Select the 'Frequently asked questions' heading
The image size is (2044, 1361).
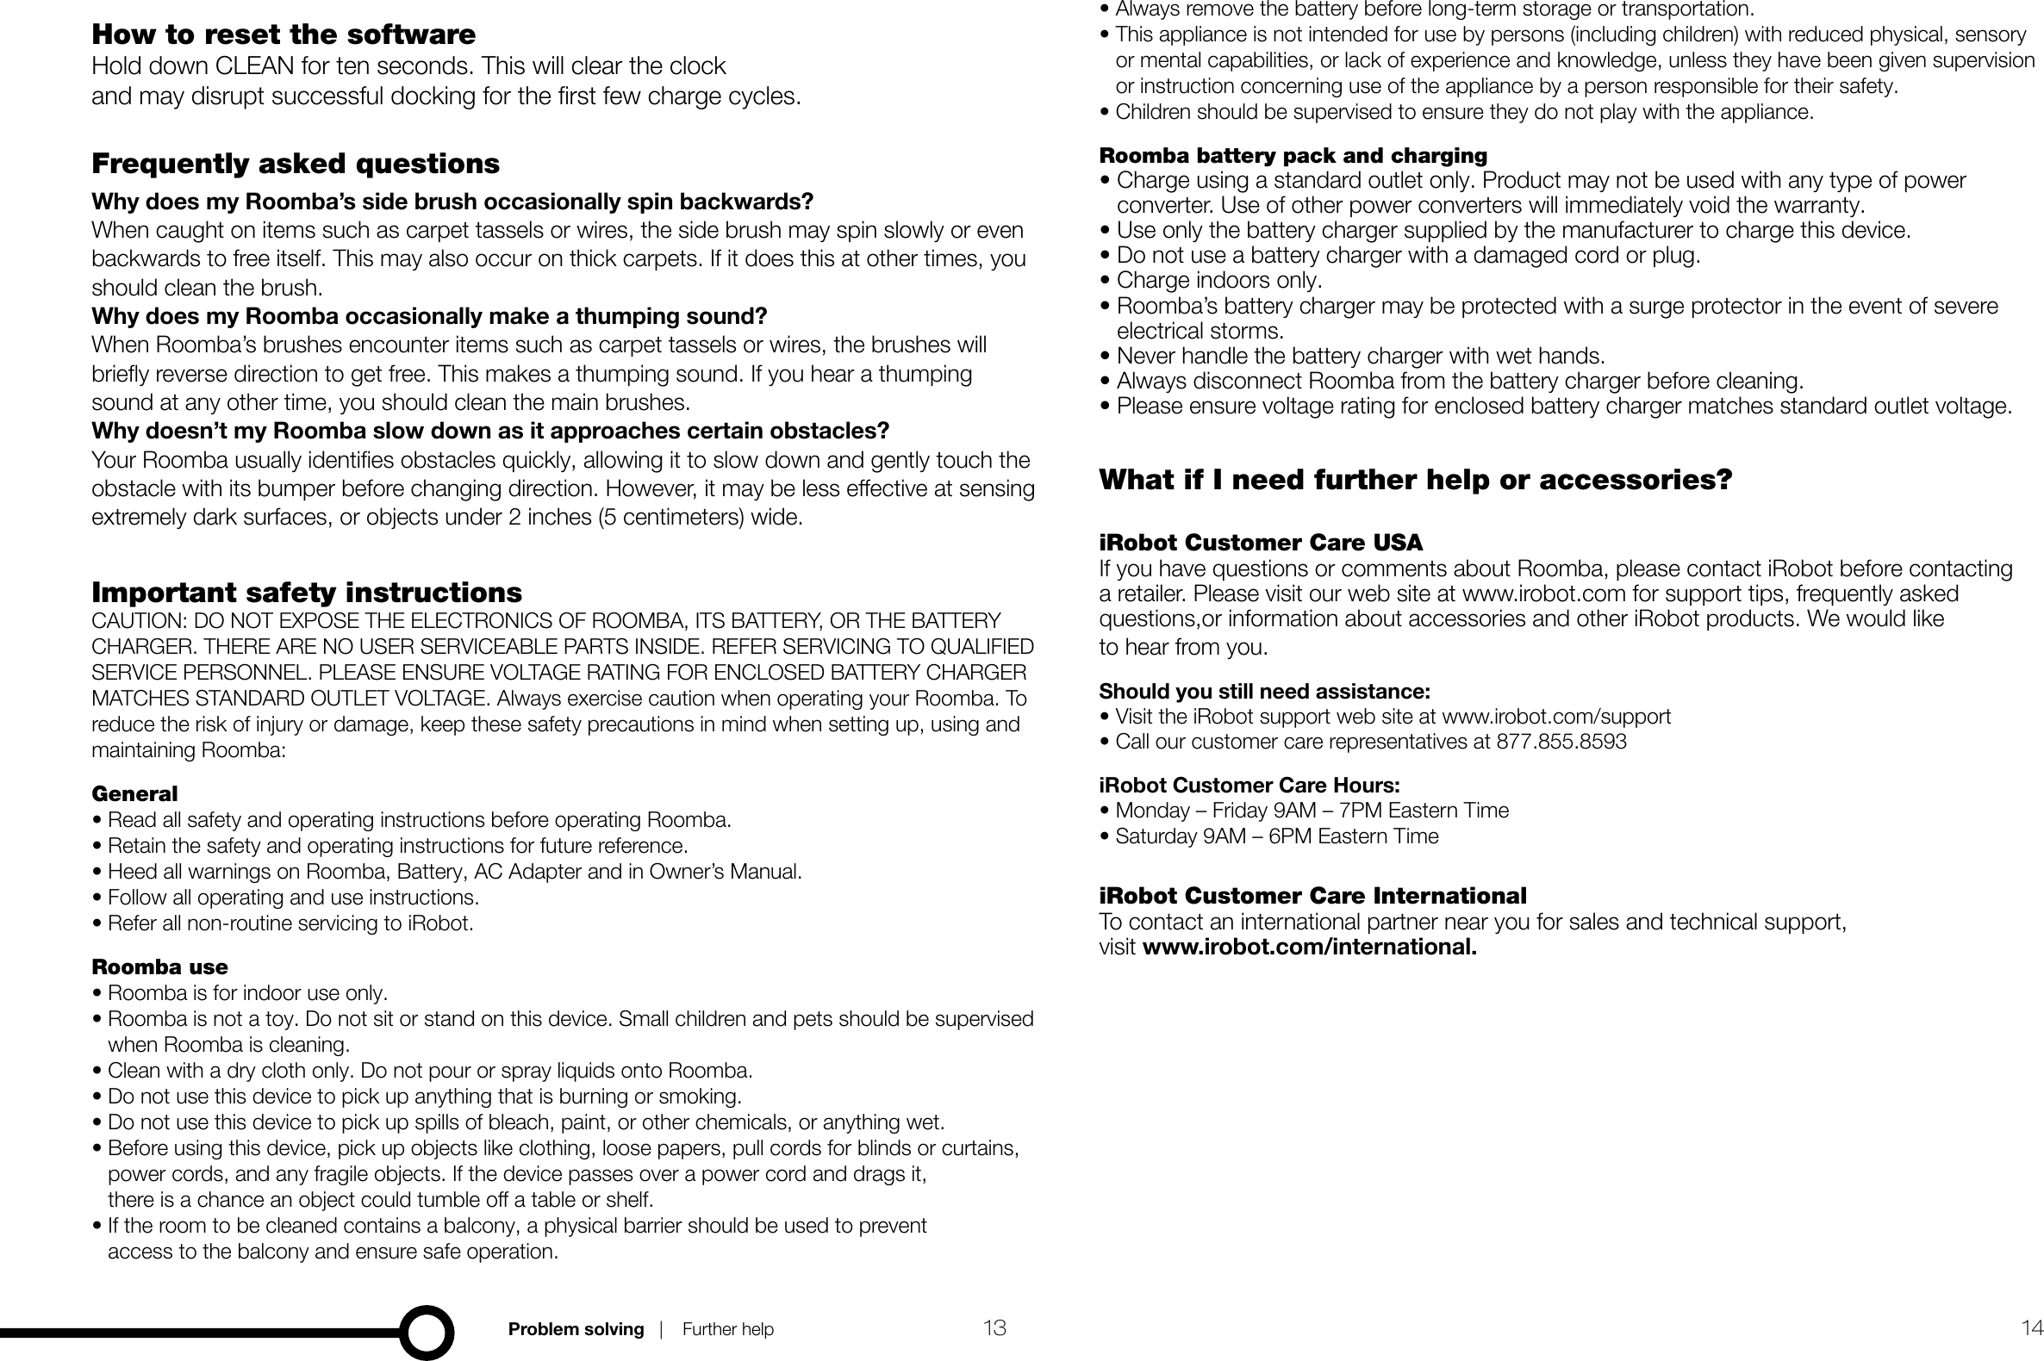tap(296, 163)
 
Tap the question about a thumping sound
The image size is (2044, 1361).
tap(429, 316)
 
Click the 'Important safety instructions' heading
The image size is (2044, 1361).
tap(307, 592)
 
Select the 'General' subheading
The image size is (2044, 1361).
tap(134, 793)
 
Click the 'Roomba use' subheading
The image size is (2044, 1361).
tap(159, 967)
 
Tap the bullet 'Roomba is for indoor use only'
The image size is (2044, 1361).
tap(246, 993)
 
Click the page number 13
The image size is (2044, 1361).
tap(994, 1328)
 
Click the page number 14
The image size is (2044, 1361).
tap(2032, 1328)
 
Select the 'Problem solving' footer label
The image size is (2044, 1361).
tap(576, 1329)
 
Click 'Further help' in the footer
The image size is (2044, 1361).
tap(727, 1329)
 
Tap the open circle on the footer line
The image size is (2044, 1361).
tap(427, 1332)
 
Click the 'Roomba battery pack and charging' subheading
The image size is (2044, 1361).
tap(1293, 155)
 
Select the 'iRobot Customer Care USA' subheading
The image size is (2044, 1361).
tap(1260, 543)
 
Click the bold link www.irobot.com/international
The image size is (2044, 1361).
tap(1310, 947)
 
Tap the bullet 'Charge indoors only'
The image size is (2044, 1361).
tap(1218, 280)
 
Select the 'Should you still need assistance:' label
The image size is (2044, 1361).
tap(1264, 692)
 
